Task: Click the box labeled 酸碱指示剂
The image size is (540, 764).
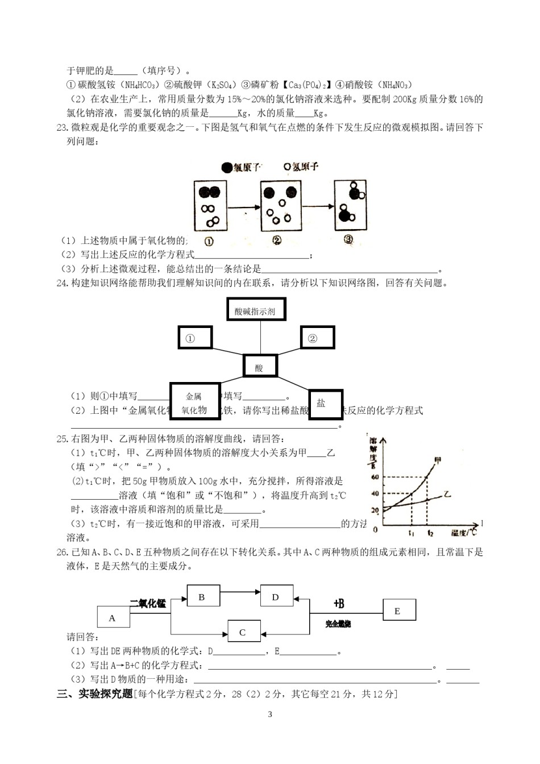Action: (255, 310)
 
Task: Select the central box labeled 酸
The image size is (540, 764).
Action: (260, 367)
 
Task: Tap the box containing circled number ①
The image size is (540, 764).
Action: (195, 338)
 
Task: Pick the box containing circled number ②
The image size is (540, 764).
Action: (317, 338)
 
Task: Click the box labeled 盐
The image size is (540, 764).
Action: (326, 404)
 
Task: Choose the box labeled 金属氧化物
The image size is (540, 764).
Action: (194, 402)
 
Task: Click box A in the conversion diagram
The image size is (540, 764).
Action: (113, 618)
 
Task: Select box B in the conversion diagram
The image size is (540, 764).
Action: (202, 597)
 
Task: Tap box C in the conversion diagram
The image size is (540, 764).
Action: (243, 632)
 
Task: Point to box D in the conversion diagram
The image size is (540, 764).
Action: (276, 597)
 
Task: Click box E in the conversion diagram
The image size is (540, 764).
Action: (398, 611)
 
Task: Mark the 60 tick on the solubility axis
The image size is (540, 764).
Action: (375, 477)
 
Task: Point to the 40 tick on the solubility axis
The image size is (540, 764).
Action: (375, 493)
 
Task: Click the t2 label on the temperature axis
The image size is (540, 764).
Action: (430, 533)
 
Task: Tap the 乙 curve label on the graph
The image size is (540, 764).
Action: (447, 494)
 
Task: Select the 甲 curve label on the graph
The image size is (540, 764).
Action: (437, 460)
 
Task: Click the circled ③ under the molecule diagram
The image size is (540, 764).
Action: (348, 240)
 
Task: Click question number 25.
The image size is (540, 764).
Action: (62, 438)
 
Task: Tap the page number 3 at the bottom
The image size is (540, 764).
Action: (270, 715)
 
